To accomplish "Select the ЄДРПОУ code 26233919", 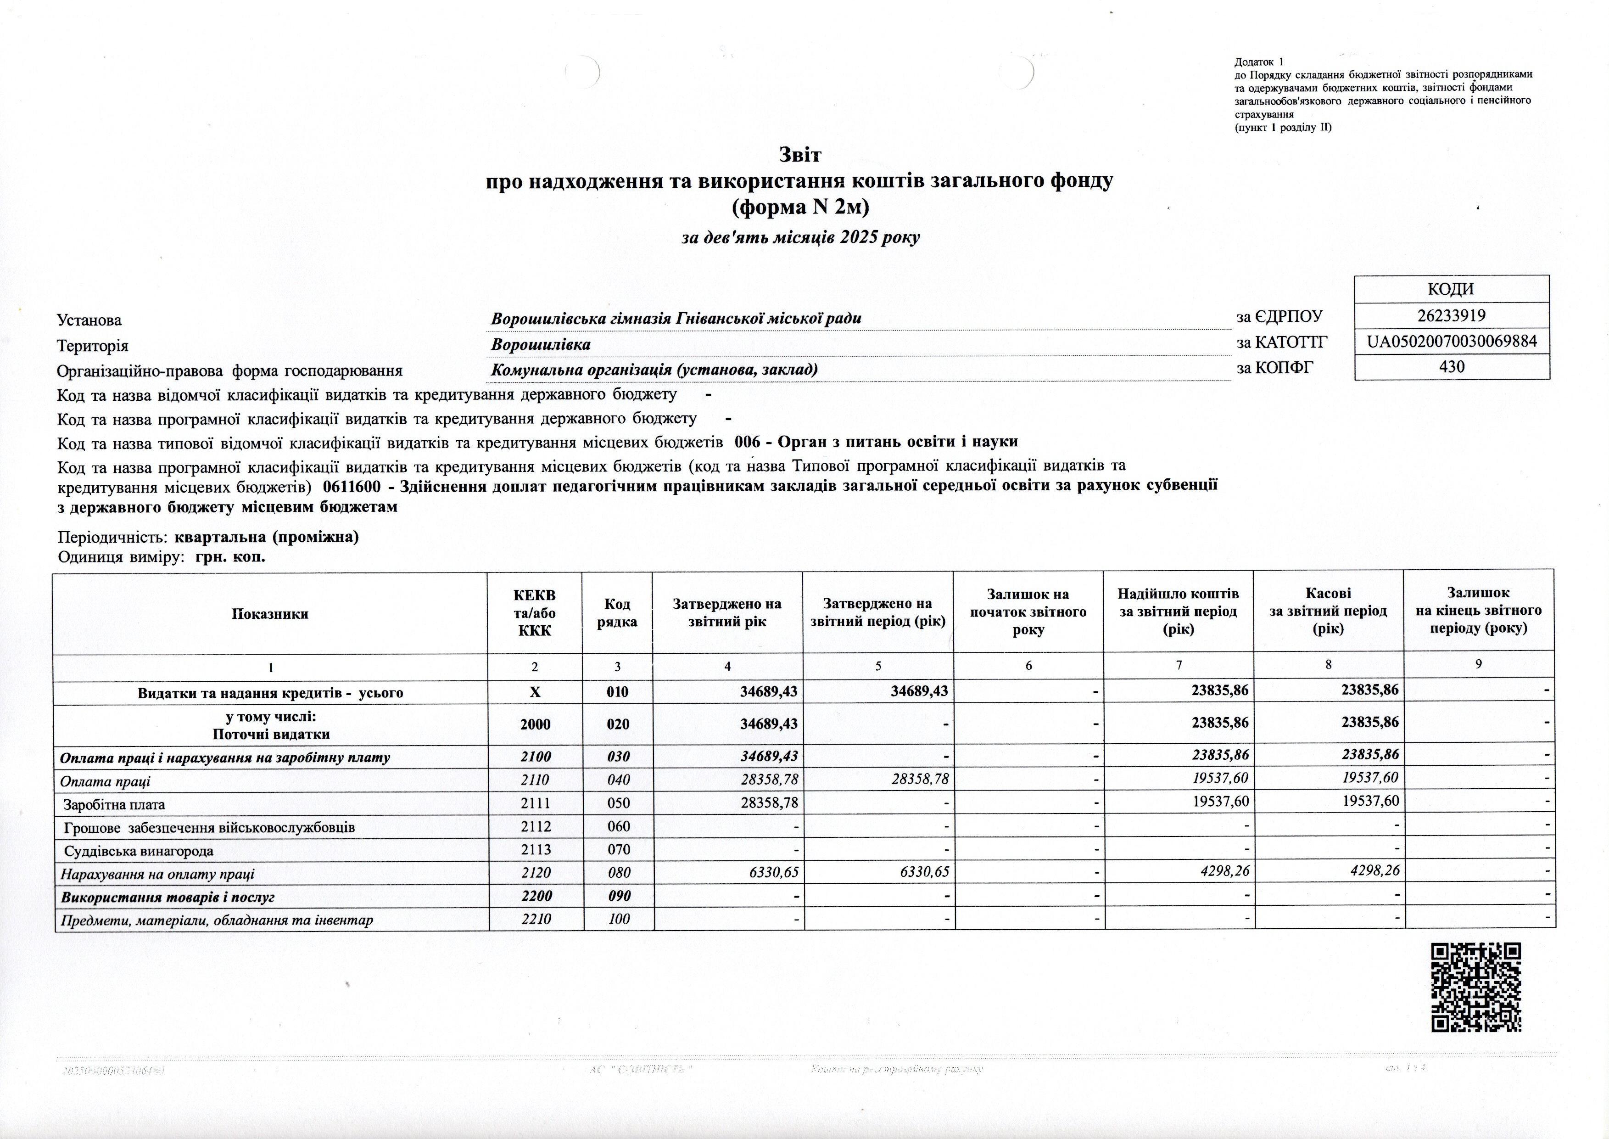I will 1451,315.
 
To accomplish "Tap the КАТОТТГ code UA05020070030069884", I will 1451,342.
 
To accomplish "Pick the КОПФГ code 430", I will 1451,366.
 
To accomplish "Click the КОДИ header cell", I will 1451,289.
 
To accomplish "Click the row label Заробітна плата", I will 114,804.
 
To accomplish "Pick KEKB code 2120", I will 536,873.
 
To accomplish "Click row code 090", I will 618,896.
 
